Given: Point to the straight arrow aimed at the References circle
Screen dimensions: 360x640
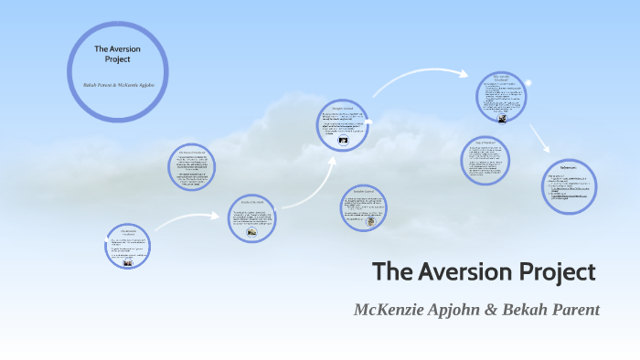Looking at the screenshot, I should tap(539, 137).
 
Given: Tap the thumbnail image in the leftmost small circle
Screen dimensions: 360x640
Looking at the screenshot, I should tap(128, 262).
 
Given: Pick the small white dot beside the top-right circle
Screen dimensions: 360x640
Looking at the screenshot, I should tap(528, 84).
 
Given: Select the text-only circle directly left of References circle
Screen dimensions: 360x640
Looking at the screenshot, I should tap(485, 160).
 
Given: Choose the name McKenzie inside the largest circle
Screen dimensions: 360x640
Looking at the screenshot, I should tap(133, 83).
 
